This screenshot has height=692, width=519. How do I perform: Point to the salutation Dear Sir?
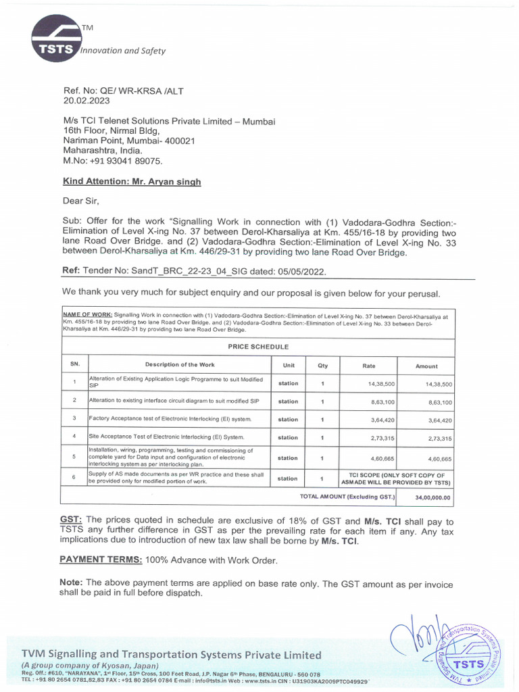click(81, 201)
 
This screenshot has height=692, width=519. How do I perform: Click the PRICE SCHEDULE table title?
click(257, 347)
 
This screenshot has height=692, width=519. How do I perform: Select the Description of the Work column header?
click(179, 366)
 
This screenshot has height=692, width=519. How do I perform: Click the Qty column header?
click(322, 366)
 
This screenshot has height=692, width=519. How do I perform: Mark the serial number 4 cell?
click(74, 437)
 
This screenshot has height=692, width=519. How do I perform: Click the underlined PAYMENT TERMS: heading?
click(101, 560)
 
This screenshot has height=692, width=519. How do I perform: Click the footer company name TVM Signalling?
click(172, 654)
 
